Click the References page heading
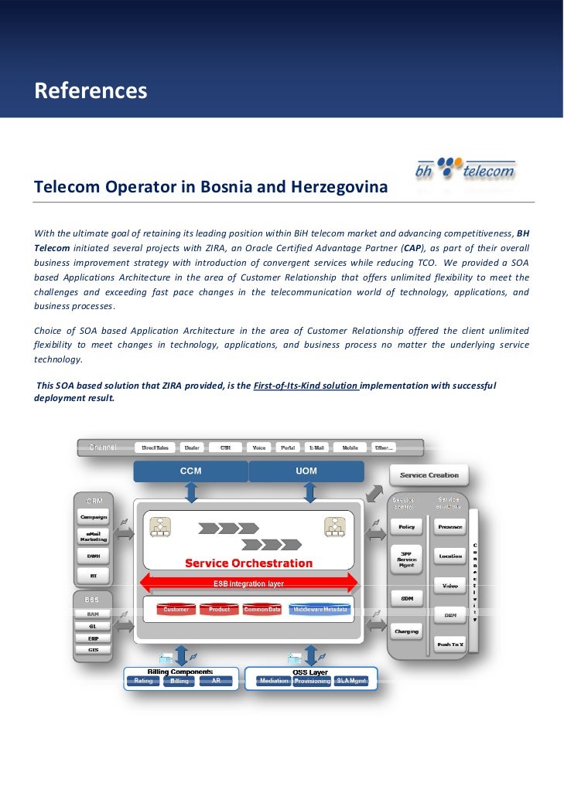click(91, 91)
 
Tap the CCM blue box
click(190, 471)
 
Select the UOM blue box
click(306, 471)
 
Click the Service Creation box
click(429, 475)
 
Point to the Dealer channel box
click(192, 447)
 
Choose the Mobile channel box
click(349, 447)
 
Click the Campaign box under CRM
click(94, 516)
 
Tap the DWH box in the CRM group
click(94, 556)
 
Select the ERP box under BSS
click(93, 638)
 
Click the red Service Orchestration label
click(248, 563)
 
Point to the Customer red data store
click(176, 609)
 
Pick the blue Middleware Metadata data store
click(320, 609)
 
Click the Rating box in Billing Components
click(143, 681)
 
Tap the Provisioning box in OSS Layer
click(313, 681)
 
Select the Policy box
click(407, 527)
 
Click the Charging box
click(407, 631)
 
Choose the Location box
click(450, 556)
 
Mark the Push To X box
click(449, 644)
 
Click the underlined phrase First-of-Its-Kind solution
click(306, 384)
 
